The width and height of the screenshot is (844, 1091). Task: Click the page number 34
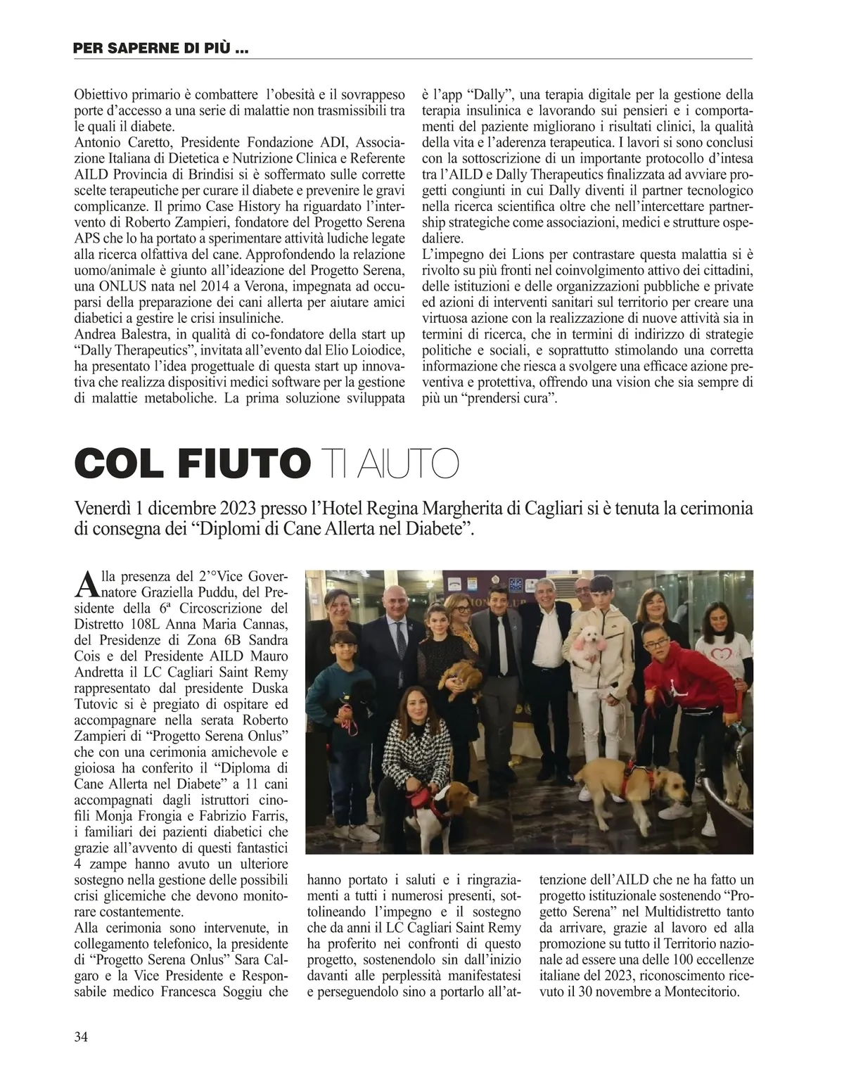[80, 1036]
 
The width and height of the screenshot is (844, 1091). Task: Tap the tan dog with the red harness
[633, 781]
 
